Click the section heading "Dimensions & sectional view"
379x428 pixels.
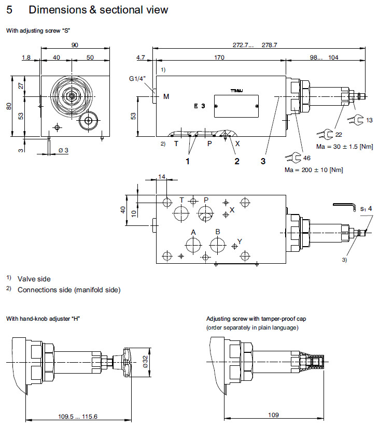tap(98, 10)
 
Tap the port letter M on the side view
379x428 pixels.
tap(166, 96)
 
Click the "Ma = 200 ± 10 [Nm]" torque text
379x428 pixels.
tap(314, 170)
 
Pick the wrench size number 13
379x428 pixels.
tap(369, 120)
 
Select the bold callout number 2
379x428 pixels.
tap(237, 162)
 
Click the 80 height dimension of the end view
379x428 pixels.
tap(8, 106)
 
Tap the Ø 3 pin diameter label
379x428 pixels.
tap(63, 150)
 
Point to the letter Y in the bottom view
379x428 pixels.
tap(240, 240)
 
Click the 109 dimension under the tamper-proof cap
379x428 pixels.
tap(274, 415)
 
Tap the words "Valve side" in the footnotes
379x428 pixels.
tap(34, 279)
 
